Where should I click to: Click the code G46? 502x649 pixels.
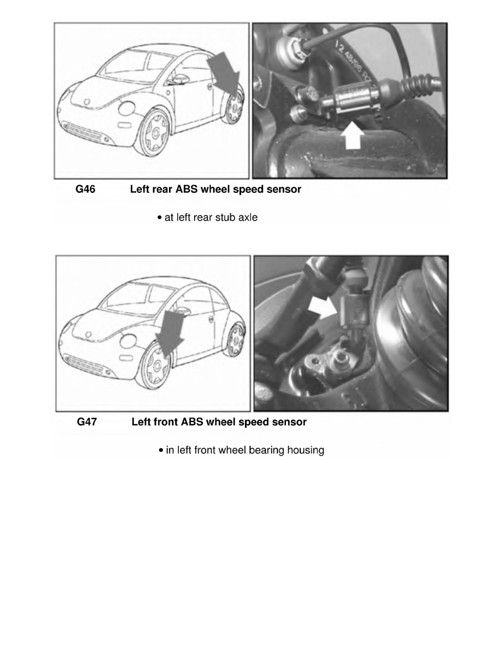[x=85, y=190]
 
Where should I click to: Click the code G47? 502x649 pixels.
[x=86, y=422]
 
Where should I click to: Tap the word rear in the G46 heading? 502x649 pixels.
[x=160, y=190]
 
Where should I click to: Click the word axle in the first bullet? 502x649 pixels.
[x=247, y=217]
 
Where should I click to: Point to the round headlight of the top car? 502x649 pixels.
[x=126, y=108]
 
